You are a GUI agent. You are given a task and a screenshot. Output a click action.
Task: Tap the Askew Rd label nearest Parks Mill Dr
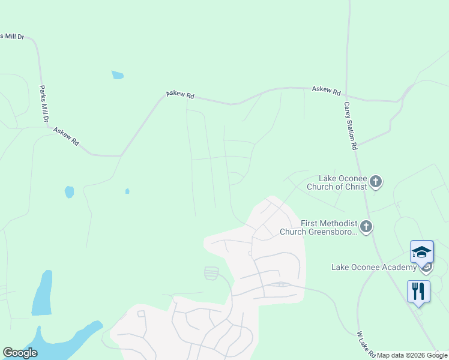[x=66, y=137]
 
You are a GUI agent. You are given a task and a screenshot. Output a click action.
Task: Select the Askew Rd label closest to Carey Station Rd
[x=326, y=91]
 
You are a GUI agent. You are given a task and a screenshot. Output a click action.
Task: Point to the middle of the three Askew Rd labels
[x=180, y=95]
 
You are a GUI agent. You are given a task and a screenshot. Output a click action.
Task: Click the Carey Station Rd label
[x=351, y=125]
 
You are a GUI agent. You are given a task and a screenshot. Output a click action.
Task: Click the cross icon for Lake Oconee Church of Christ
[x=376, y=181]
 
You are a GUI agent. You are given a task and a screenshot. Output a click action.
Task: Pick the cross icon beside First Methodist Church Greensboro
[x=366, y=227]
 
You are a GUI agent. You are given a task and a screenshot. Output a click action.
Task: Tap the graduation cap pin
[x=421, y=251]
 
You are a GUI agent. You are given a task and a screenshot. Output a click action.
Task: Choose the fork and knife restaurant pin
[x=418, y=292]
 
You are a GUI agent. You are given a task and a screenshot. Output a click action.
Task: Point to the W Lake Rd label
[x=366, y=343]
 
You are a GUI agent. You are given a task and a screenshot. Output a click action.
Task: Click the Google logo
[x=20, y=353]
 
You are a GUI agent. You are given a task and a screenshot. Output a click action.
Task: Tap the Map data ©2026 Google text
[x=412, y=355]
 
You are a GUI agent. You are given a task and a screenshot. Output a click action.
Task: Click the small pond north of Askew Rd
[x=118, y=75]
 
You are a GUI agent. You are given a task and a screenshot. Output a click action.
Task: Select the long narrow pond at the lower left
[x=42, y=294]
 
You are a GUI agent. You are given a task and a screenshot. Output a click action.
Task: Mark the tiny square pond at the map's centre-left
[x=127, y=191]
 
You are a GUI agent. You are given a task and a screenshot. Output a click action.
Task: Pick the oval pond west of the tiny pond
[x=69, y=192]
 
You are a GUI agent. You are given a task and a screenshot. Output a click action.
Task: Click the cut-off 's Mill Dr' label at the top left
[x=12, y=37]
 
